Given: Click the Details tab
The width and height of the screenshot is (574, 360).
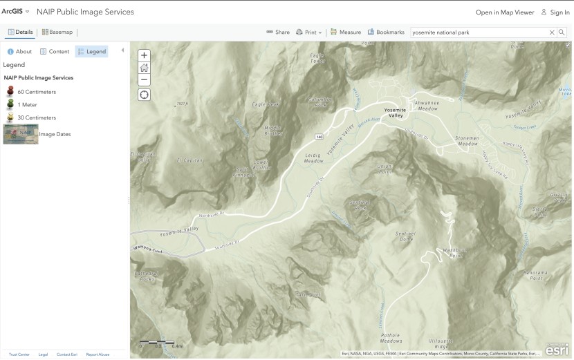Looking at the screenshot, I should click(20, 32).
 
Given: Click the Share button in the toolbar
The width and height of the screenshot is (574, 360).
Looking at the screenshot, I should click(278, 32).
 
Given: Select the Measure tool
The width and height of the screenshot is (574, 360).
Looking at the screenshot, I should click(346, 32).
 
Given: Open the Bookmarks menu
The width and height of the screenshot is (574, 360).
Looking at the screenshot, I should click(386, 32).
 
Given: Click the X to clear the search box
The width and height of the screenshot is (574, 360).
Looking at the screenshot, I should click(552, 32).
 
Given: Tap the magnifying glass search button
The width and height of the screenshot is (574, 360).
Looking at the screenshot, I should click(562, 32).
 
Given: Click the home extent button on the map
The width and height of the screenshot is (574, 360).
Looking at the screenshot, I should click(144, 68).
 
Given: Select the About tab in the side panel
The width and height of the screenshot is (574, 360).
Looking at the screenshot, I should click(19, 51).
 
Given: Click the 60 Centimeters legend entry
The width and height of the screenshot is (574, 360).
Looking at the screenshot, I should click(36, 91).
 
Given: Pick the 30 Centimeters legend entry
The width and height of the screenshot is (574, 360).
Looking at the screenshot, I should click(36, 117).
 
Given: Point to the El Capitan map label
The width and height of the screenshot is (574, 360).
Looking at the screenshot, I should click(189, 160).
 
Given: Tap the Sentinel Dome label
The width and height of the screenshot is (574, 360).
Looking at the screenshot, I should click(405, 236).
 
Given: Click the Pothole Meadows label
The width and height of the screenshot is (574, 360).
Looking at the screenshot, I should click(391, 338).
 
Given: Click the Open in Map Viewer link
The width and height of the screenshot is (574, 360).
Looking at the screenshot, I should click(505, 12).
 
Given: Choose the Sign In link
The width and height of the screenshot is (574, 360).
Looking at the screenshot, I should click(555, 12).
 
